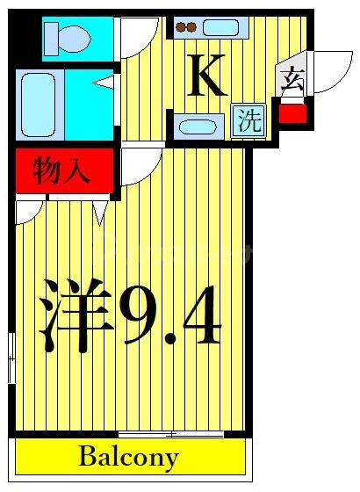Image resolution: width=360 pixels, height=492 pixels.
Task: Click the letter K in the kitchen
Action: click(x=208, y=77)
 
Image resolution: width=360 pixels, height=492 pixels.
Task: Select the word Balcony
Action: click(x=129, y=457)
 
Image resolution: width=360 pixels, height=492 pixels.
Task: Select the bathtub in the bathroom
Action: click(x=39, y=100)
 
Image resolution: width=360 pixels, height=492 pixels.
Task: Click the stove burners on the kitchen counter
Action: click(x=187, y=27)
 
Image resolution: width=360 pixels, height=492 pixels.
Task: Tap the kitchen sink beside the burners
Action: click(x=220, y=27)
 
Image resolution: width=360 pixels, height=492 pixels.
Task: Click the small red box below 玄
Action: click(x=293, y=113)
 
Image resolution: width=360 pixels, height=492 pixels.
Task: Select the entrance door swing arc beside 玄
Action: click(x=332, y=70)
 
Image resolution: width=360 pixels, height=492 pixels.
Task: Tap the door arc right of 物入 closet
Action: click(x=138, y=165)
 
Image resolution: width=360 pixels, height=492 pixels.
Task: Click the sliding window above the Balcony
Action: click(x=158, y=434)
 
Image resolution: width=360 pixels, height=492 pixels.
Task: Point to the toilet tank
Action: click(x=50, y=38)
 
